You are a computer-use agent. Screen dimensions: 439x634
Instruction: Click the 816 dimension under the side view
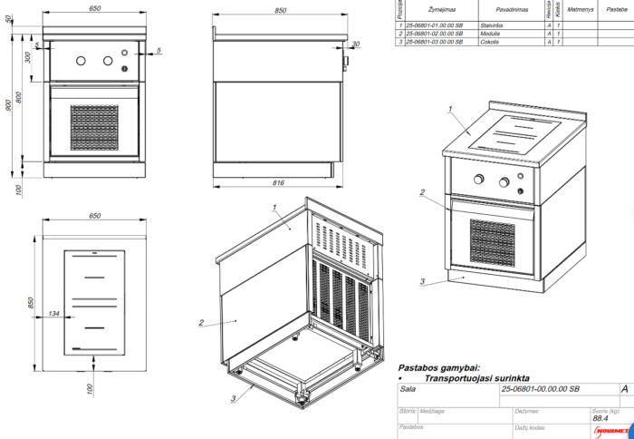pos(278,183)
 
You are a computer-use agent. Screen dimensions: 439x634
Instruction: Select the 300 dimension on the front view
pos(28,57)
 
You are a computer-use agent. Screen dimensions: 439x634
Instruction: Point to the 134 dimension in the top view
pos(53,314)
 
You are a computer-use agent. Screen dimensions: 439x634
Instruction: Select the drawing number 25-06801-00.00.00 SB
pos(540,388)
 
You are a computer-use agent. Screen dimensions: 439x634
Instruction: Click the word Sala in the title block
pos(408,388)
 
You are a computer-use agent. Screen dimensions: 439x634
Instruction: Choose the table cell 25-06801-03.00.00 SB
pos(435,42)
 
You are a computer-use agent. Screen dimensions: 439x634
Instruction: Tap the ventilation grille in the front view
pos(95,127)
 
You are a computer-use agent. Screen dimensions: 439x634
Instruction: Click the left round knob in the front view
pos(82,62)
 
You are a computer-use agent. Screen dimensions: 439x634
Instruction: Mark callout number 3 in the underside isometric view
pos(234,397)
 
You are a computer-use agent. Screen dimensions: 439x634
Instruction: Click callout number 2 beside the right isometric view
pos(422,192)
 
